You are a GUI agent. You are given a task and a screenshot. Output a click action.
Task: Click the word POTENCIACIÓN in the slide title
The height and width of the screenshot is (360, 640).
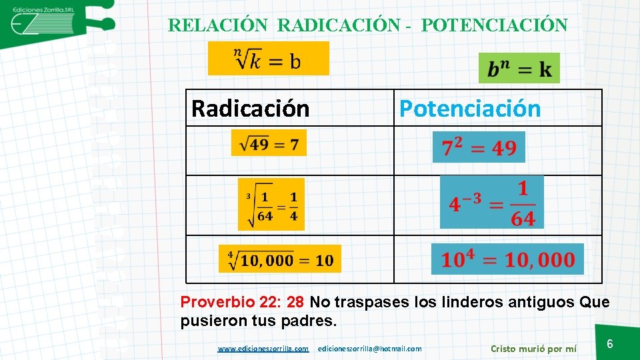[x=495, y=25]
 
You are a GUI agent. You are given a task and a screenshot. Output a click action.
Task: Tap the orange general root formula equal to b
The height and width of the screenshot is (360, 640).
[x=269, y=59]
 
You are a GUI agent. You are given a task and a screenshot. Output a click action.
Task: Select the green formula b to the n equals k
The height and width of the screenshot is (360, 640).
[x=519, y=69]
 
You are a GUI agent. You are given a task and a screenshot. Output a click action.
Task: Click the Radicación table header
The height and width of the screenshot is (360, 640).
[x=250, y=108]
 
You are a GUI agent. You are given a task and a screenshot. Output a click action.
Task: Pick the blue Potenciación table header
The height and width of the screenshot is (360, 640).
[x=470, y=108]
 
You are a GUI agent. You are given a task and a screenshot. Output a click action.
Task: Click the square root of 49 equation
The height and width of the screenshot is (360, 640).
[x=269, y=143]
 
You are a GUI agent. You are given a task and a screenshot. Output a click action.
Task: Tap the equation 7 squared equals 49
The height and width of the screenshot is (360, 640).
[x=479, y=147]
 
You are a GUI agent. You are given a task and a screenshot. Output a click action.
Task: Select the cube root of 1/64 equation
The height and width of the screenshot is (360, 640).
[x=271, y=205]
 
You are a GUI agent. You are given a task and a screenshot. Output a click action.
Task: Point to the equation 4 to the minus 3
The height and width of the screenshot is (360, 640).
[x=492, y=202]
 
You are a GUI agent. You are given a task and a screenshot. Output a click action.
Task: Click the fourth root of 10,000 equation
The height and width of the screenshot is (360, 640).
[x=280, y=259]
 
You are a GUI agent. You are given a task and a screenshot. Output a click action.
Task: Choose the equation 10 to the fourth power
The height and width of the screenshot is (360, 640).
[x=507, y=259]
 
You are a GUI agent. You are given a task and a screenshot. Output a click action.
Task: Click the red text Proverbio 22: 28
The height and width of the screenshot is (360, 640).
[x=242, y=302]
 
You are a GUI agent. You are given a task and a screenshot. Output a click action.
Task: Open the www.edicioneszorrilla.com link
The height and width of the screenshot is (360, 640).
[x=263, y=348]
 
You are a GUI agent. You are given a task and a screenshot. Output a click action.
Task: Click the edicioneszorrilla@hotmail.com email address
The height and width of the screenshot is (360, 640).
[x=370, y=348]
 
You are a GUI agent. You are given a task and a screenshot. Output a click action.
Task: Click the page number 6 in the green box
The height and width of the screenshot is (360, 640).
[x=609, y=344]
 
